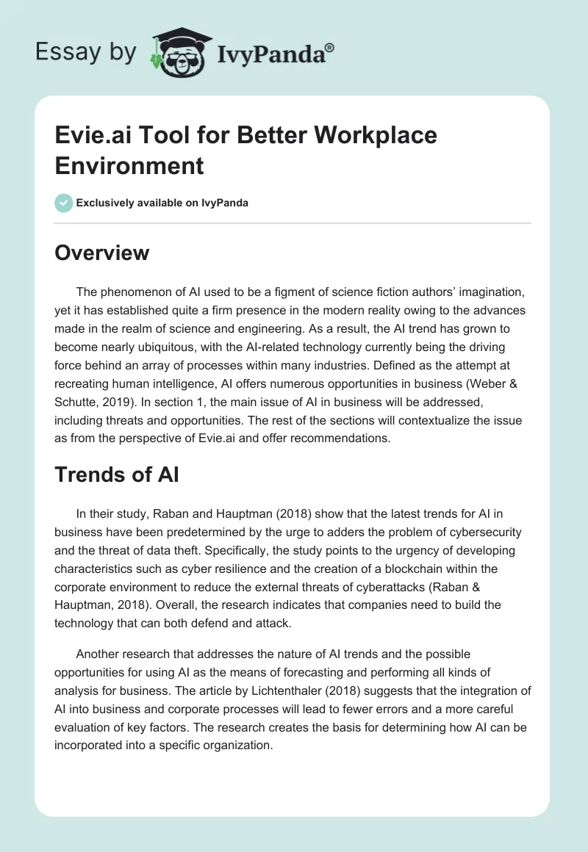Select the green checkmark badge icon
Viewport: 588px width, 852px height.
coord(64,203)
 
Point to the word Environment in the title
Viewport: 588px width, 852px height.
coord(129,165)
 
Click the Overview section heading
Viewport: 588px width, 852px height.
coord(102,253)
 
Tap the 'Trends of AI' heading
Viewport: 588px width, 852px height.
coord(117,474)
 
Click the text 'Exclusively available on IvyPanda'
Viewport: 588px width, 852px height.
coord(162,203)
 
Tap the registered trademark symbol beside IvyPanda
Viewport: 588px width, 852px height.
coord(330,47)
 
